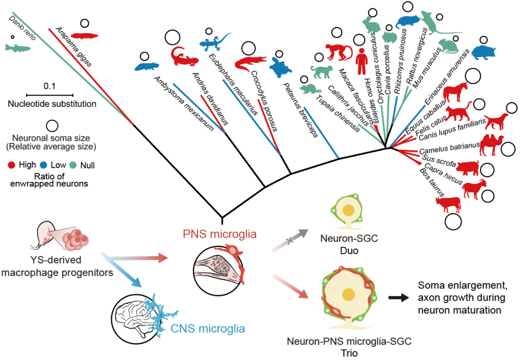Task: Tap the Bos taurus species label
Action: click(x=432, y=183)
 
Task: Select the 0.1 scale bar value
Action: click(x=49, y=86)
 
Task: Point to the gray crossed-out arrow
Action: click(x=289, y=240)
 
